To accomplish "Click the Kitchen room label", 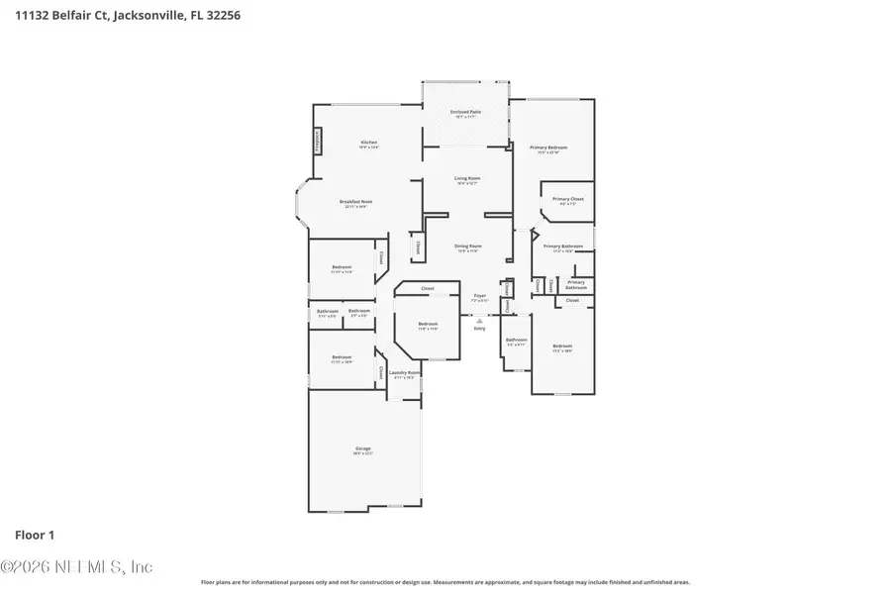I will pos(369,143).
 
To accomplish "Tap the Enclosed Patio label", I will pos(465,113).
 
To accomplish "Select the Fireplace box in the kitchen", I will pos(318,142).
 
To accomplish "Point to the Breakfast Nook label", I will pos(355,203).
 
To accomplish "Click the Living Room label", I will pos(467,180).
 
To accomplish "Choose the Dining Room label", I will pos(467,247).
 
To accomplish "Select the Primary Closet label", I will pos(567,200).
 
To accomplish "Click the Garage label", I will pos(362,450).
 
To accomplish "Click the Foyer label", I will pos(479,296).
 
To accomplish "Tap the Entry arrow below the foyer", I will pos(479,321).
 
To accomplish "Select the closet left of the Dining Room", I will pos(417,247).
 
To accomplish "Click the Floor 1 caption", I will pos(35,535).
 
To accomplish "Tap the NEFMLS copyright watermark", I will pos(76,567).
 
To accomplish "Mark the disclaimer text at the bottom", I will pos(445,582).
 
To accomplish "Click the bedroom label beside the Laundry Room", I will pos(342,358).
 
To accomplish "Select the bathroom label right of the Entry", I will pos(516,342).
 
